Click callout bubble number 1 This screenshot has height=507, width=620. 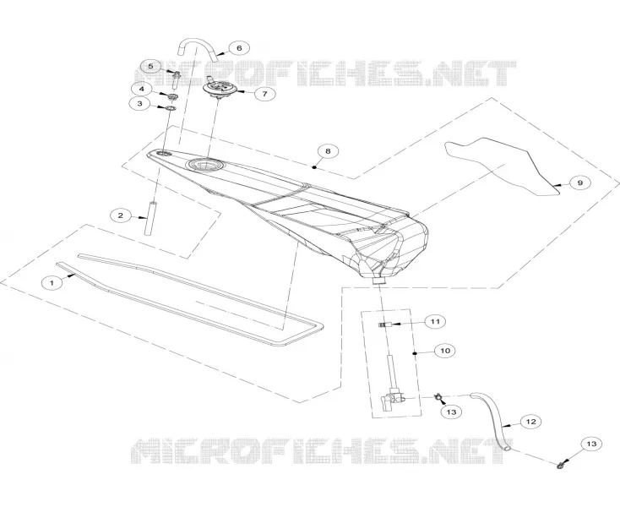pyautogui.click(x=52, y=283)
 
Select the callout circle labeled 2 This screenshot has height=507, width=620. pyautogui.click(x=121, y=215)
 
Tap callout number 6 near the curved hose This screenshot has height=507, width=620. pyautogui.click(x=239, y=48)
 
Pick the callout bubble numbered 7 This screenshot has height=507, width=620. pyautogui.click(x=264, y=94)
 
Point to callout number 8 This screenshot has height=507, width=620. pyautogui.click(x=328, y=150)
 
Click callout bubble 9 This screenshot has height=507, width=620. pyautogui.click(x=580, y=183)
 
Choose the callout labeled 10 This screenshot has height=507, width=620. pyautogui.click(x=445, y=351)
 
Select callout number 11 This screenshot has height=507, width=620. pyautogui.click(x=435, y=321)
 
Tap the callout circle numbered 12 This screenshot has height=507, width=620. pyautogui.click(x=530, y=422)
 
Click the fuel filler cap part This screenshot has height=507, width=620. pyautogui.click(x=219, y=89)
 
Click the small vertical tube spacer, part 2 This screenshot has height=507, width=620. pyautogui.click(x=150, y=219)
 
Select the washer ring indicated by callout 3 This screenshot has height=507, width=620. pyautogui.click(x=171, y=108)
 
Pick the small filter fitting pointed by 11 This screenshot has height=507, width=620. pyautogui.click(x=385, y=324)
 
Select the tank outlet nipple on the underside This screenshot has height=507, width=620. pyautogui.click(x=379, y=281)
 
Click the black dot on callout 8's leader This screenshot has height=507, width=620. pyautogui.click(x=314, y=167)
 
